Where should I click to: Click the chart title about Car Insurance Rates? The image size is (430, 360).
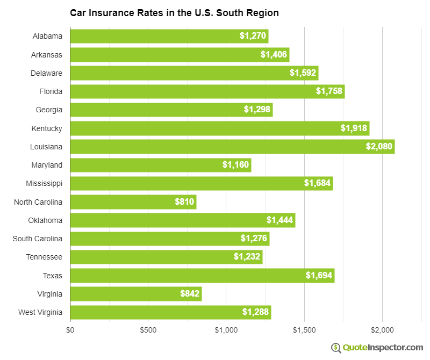(174, 12)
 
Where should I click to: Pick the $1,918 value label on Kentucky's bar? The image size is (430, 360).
(354, 128)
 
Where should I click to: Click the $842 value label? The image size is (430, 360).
(190, 294)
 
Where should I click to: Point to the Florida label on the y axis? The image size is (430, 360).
(51, 91)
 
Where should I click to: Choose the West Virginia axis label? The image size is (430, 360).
(40, 312)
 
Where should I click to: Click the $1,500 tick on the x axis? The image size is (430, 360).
(304, 329)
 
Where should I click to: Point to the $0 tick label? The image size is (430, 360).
(70, 329)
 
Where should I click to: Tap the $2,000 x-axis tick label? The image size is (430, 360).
(382, 329)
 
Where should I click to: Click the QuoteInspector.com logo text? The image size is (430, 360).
(383, 348)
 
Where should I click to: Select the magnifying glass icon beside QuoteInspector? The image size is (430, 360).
(336, 348)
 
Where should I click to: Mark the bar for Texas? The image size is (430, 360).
(202, 276)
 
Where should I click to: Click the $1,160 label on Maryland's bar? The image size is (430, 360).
(236, 165)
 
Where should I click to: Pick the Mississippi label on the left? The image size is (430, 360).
(44, 183)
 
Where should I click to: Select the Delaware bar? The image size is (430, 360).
(194, 73)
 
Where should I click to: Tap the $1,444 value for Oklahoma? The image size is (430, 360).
(279, 220)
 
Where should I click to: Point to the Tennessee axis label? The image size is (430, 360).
(44, 257)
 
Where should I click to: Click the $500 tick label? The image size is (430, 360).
(148, 329)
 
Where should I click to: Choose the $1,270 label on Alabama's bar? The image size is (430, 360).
(253, 37)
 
